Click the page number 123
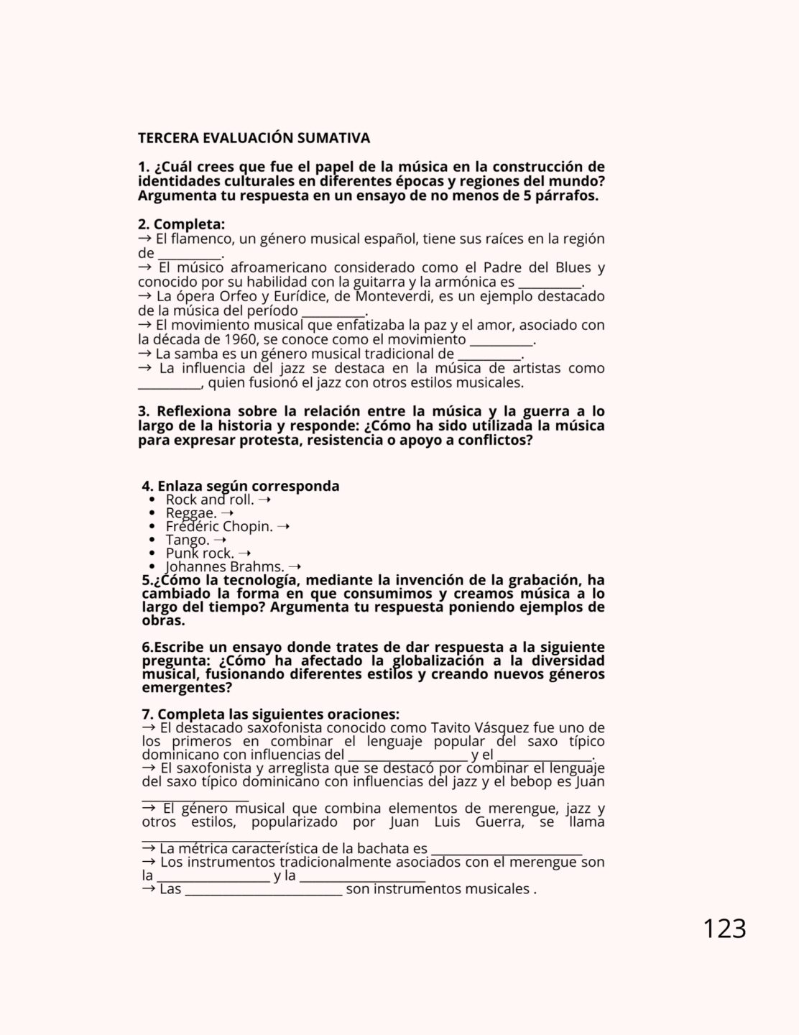click(x=724, y=929)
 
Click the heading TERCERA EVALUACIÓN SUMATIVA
click(x=254, y=137)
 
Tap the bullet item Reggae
click(x=191, y=512)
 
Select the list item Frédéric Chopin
click(x=219, y=526)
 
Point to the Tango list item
click(x=188, y=540)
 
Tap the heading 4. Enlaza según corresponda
click(x=241, y=486)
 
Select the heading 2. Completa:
click(x=182, y=224)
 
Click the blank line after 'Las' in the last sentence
click(x=263, y=893)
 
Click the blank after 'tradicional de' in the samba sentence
click(x=489, y=357)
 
